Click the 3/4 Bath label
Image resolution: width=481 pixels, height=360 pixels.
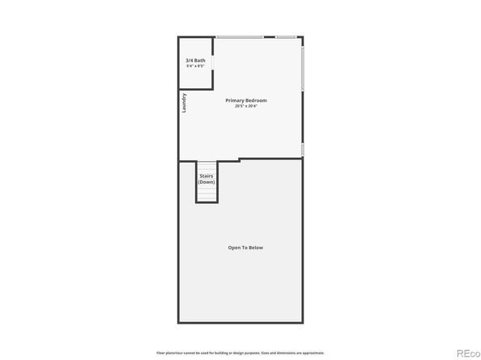coord(194,61)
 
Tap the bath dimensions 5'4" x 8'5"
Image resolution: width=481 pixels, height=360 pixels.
coord(194,66)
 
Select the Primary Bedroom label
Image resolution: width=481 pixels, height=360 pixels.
coord(246,100)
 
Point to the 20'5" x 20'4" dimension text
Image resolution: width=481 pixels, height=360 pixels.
coord(246,106)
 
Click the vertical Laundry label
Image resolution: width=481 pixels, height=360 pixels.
coord(185,102)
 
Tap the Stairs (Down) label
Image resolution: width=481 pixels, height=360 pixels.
coord(206,178)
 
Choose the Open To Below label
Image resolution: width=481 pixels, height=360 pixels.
coord(245,248)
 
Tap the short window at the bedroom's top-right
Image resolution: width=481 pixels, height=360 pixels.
coord(287,37)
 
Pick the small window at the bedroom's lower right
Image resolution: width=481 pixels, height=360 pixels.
coord(303,149)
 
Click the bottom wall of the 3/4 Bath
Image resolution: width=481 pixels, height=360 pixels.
coord(194,88)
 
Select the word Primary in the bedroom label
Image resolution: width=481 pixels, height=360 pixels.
coord(236,100)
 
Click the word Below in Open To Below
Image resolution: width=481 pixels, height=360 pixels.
coord(256,248)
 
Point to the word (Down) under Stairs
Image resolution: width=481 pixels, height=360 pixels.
coord(206,181)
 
